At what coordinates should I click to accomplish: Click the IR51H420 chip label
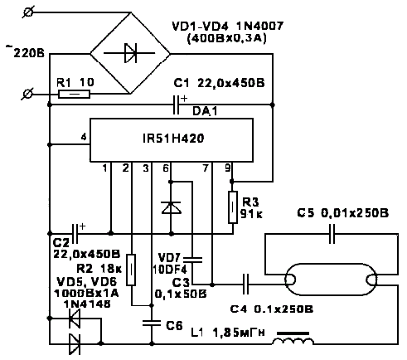173,139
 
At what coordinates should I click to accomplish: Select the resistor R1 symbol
74,95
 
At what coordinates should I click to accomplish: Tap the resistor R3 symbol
233,207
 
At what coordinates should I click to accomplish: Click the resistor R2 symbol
131,270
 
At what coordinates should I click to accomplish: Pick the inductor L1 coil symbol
293,338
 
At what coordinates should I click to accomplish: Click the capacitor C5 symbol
332,234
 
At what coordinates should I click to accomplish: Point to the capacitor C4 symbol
245,284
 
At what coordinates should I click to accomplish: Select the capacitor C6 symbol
152,323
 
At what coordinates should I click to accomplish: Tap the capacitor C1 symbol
176,105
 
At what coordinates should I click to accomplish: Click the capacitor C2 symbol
75,234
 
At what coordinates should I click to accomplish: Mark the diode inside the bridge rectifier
130,53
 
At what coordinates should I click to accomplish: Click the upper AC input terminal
27,12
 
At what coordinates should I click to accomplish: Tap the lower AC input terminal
27,95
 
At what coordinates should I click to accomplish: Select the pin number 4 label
84,137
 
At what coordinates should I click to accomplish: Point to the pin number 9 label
227,168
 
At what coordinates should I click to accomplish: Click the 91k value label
251,213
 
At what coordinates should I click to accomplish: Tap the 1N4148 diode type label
87,304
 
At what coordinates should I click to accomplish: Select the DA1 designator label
205,111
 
